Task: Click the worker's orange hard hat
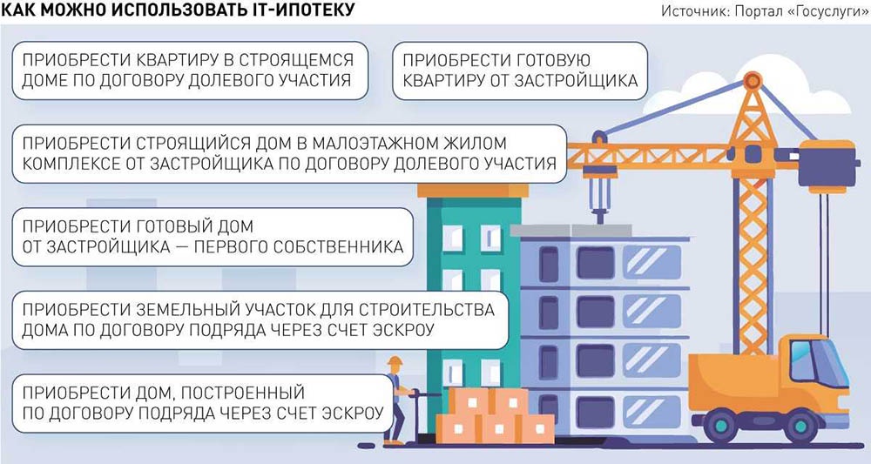click(x=395, y=362)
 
